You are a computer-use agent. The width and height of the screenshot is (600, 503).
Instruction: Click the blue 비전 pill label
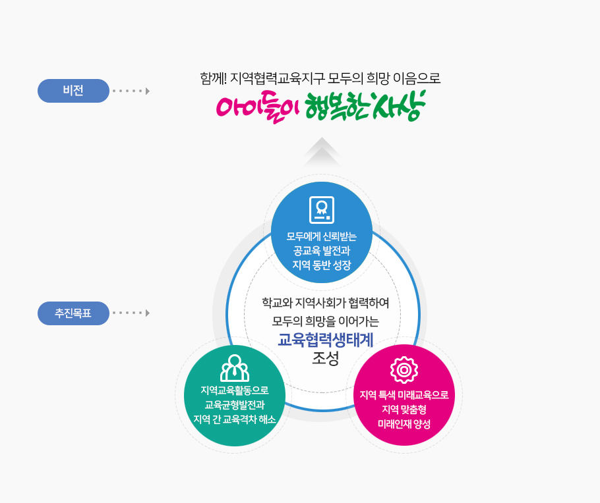[73, 91]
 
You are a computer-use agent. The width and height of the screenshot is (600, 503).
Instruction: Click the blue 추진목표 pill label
[73, 313]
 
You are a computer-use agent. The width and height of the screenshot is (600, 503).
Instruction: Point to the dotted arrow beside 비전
[131, 91]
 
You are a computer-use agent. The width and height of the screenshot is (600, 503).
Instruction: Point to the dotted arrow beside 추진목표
[131, 313]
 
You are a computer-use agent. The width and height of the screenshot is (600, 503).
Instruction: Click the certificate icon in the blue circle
[322, 210]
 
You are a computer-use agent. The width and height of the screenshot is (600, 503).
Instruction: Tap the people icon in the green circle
[234, 368]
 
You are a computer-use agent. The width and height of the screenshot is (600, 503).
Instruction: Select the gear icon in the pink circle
[404, 370]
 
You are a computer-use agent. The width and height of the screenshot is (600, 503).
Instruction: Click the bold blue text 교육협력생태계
[326, 340]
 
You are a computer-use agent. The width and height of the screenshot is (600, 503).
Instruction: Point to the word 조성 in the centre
[325, 359]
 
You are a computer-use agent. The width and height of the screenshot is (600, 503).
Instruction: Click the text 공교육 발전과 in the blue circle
[322, 251]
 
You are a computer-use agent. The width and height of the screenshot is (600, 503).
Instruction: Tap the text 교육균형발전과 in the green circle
[235, 405]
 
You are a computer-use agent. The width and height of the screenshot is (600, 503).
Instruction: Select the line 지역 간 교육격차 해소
[235, 419]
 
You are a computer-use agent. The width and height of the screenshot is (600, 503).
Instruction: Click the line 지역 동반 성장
[322, 265]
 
